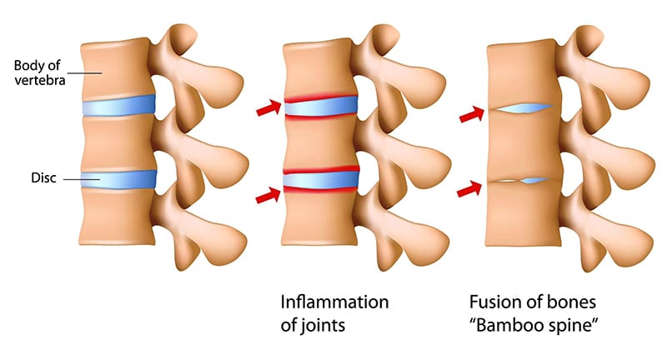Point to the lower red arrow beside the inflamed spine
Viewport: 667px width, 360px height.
pos(268,195)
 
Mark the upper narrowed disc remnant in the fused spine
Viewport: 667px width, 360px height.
pos(522,108)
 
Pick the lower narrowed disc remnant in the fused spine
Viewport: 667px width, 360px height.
pos(522,180)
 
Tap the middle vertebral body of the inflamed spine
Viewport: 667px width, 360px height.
pos(320,143)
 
